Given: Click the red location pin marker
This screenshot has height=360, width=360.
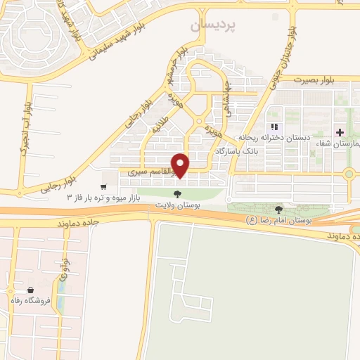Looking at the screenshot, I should tap(181, 165).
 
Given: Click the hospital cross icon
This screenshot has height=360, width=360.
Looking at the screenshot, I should tap(340, 132).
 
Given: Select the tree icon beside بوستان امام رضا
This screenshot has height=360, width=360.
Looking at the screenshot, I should tap(279, 210).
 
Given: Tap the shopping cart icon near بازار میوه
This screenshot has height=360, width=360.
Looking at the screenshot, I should tap(104, 187).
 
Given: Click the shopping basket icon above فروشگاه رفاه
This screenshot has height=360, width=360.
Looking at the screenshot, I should tap(30, 289).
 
